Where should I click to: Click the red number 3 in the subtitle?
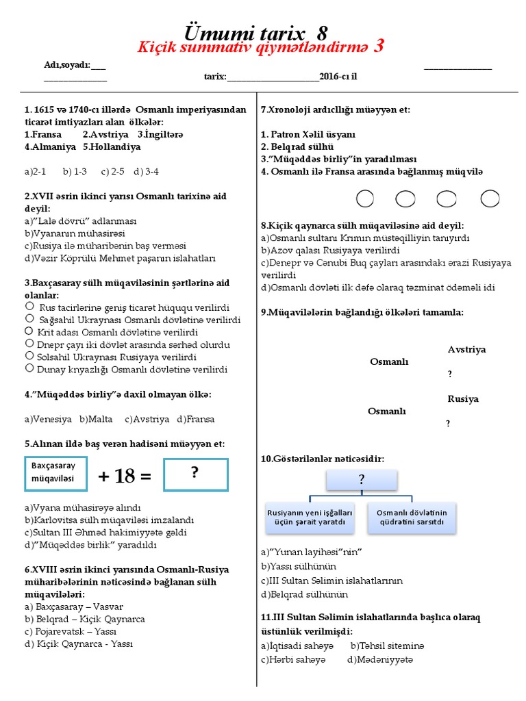[378, 47]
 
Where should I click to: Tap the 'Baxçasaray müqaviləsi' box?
[56, 473]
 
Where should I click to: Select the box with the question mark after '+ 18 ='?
[195, 474]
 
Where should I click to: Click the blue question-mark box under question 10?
[361, 480]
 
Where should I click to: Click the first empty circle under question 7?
[365, 199]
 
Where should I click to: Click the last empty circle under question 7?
[490, 199]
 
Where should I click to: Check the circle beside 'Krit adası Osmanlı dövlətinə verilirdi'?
[29, 331]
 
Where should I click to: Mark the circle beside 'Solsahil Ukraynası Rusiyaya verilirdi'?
[29, 356]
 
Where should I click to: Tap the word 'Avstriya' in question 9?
[466, 350]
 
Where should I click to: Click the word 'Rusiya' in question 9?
[463, 399]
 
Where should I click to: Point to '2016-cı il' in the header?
[338, 77]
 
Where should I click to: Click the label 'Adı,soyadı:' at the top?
[66, 65]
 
